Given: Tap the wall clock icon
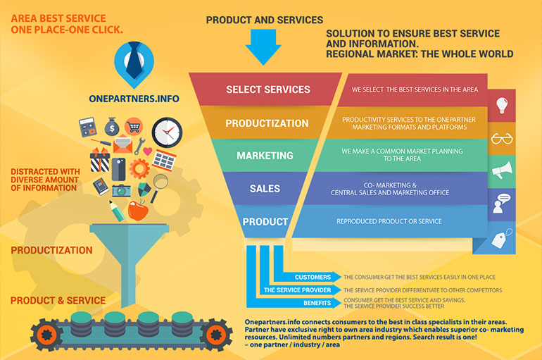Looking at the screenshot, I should coord(167,132).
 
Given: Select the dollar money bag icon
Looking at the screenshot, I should coord(112,128).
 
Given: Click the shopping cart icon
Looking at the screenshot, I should coord(134,126).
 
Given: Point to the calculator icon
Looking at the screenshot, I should coord(88,128).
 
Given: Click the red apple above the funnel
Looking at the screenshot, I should coord(137,209).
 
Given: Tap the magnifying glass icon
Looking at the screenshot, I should coord(160,183).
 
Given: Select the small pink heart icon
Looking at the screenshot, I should coord(147,151).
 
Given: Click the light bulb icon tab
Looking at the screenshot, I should coord(502,105).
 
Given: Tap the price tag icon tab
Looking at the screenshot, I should coord(502,238).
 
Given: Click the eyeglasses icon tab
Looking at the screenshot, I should coord(502,138).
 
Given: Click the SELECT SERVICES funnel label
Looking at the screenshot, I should coord(267,89).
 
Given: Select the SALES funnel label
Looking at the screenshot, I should coord(265,188).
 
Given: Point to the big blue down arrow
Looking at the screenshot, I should coord(263,49).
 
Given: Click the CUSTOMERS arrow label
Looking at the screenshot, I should coord(313,277).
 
